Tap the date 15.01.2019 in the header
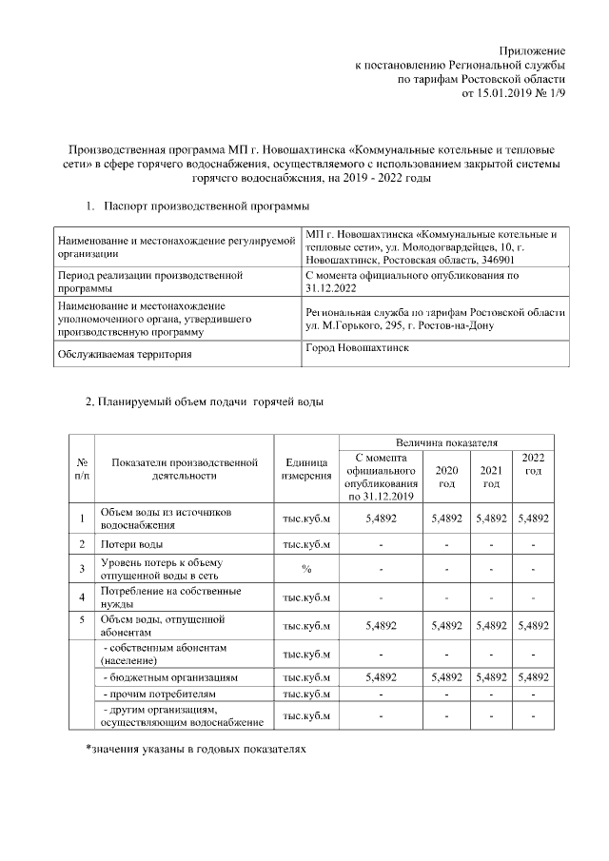491,95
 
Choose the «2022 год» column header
534,464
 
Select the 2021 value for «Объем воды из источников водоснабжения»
491,519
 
